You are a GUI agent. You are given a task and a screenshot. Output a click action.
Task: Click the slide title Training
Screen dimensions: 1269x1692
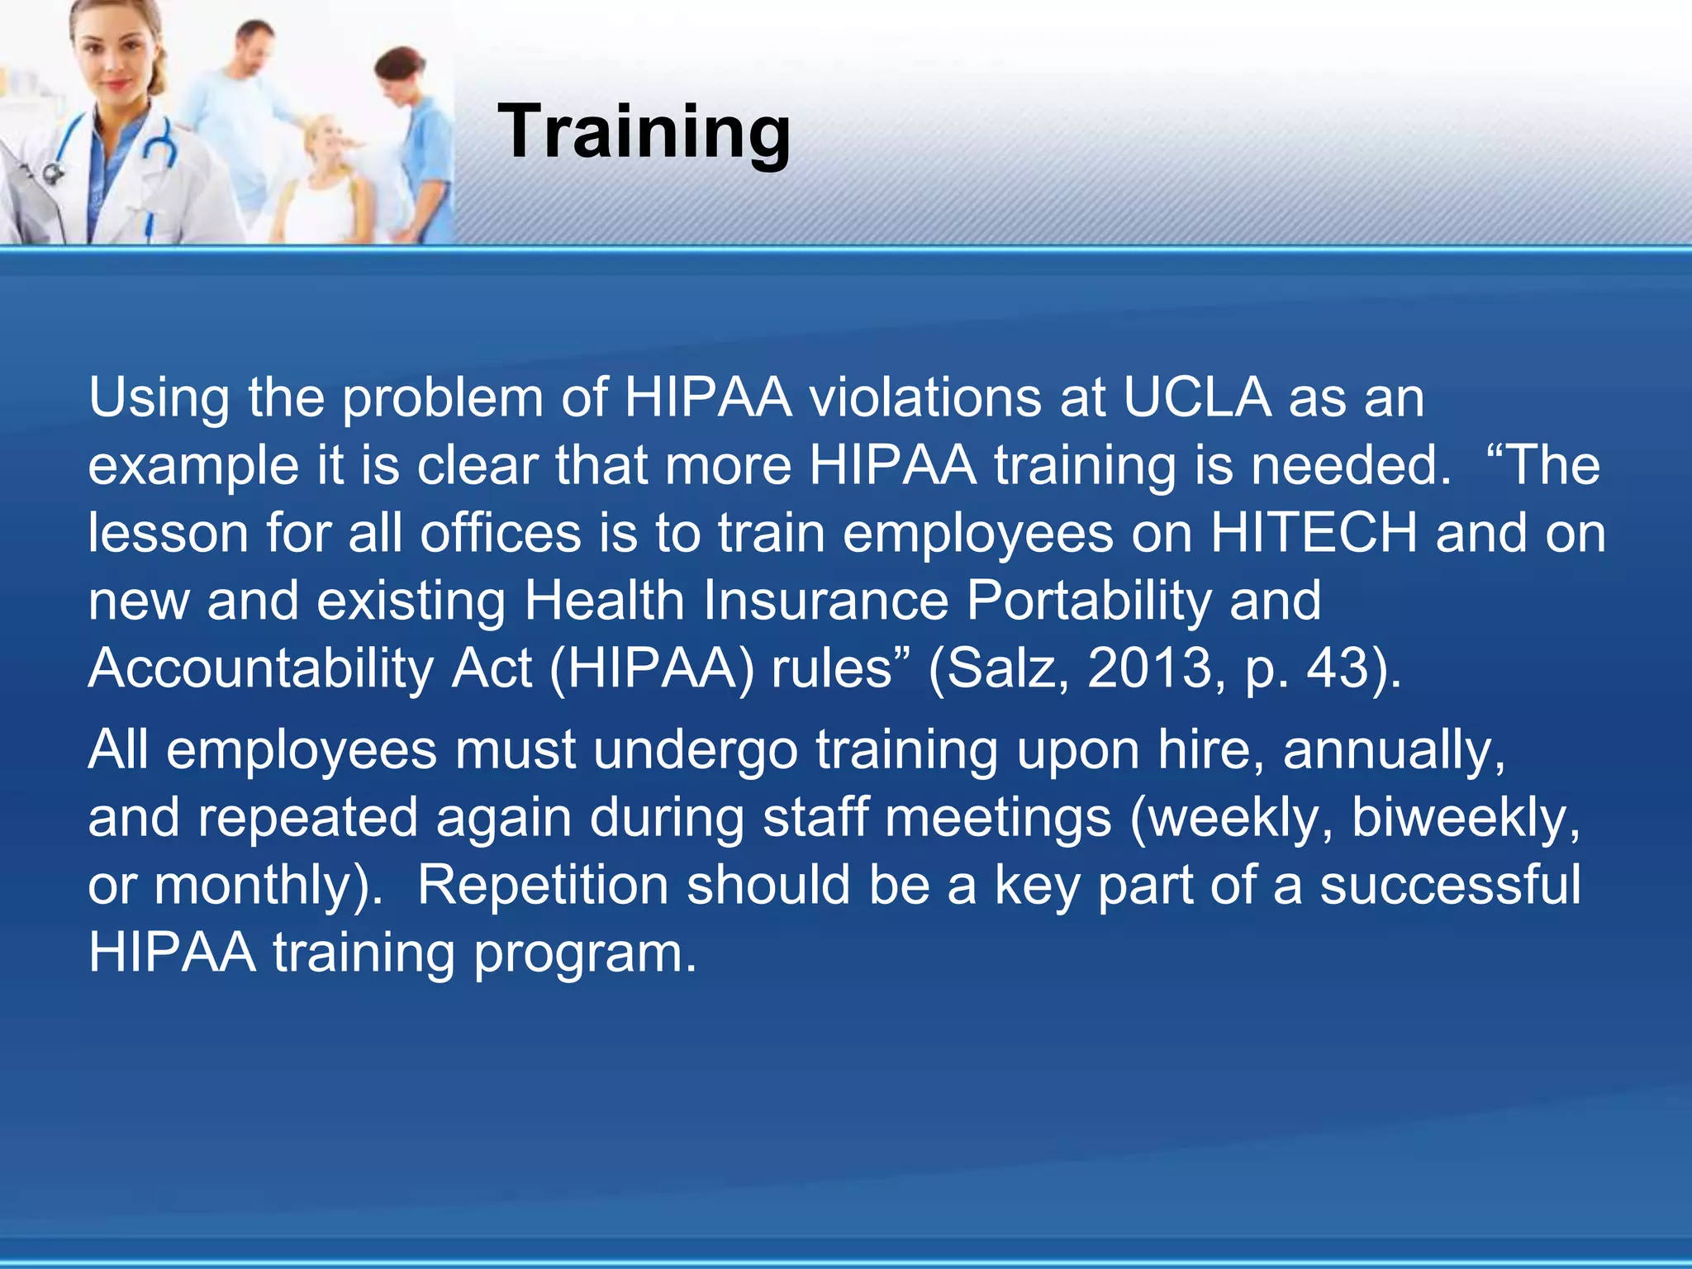pos(644,132)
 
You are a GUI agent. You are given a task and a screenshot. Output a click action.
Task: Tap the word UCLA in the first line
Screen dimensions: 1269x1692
pos(1196,398)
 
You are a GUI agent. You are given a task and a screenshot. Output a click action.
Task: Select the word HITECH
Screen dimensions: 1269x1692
pos(1314,533)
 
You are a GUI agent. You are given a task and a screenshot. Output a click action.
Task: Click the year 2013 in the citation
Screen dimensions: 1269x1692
pos(1149,668)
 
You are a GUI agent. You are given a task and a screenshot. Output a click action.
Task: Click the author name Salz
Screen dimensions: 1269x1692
pos(1000,668)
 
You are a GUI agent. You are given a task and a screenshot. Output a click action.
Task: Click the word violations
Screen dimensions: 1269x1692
pos(924,398)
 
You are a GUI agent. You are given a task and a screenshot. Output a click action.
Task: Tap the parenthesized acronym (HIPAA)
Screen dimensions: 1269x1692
pos(652,668)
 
